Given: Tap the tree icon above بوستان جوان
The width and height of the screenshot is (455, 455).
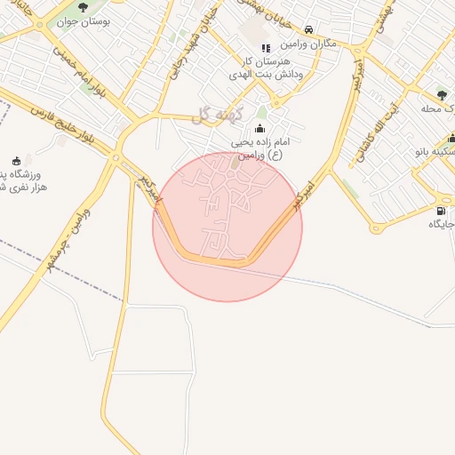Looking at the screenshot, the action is [83, 8].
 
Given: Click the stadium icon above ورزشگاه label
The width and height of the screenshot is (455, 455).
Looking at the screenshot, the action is [17, 160].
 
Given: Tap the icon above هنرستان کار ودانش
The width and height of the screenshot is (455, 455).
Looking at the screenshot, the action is [265, 48].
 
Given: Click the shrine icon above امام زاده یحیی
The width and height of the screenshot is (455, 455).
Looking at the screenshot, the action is [259, 128].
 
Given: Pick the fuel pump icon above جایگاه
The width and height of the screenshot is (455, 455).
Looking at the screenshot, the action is [440, 211].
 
